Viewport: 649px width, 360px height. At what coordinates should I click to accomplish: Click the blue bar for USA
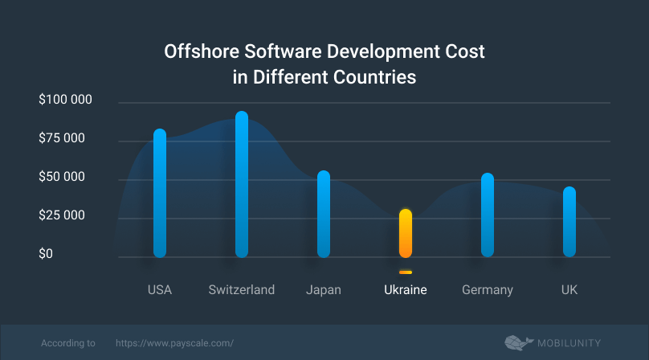coord(160,193)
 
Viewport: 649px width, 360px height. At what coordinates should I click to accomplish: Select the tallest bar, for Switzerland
coord(242,184)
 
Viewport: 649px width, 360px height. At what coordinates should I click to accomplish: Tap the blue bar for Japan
coord(324,214)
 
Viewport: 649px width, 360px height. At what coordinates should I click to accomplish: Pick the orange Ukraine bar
coord(406,233)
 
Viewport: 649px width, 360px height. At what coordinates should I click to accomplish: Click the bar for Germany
coord(488,215)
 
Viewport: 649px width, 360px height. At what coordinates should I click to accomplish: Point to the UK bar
coord(569,222)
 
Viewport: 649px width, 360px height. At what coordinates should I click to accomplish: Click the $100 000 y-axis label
coord(66,100)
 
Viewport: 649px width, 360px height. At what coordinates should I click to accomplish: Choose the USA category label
coord(160,289)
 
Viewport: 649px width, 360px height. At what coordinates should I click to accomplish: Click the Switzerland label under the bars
coord(242,289)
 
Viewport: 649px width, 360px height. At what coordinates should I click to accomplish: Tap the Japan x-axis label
coord(324,289)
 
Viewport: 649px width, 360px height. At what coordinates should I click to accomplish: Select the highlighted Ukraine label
coord(406,289)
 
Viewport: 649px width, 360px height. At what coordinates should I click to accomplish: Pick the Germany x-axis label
coord(488,289)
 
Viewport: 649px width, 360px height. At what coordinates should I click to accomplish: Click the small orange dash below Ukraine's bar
coord(406,272)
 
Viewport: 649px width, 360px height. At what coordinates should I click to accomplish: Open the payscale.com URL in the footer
coord(175,342)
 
